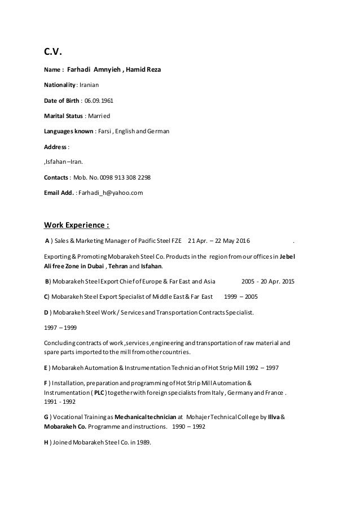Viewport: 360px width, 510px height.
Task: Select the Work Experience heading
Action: [x=77, y=227]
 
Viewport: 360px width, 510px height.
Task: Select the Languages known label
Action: [x=67, y=131]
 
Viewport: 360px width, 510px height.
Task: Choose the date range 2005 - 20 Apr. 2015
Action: [x=267, y=281]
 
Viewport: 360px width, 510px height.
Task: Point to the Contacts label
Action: [x=56, y=177]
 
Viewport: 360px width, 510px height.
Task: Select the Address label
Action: [x=55, y=147]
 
